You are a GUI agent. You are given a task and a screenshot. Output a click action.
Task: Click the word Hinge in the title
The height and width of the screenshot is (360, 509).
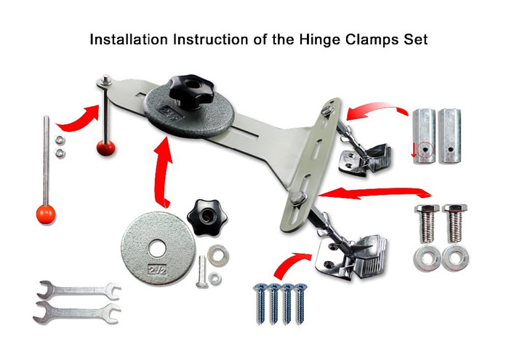(319, 40)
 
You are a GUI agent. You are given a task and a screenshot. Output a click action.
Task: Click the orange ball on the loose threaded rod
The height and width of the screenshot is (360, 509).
(46, 215)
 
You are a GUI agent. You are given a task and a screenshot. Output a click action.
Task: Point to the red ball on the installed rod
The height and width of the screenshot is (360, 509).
(106, 148)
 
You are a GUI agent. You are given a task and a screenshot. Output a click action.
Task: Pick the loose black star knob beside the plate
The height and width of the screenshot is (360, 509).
(207, 217)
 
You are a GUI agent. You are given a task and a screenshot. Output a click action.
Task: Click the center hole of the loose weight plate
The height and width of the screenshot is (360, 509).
(158, 250)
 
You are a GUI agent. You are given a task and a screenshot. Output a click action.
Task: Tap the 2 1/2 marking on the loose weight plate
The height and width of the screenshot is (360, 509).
(158, 270)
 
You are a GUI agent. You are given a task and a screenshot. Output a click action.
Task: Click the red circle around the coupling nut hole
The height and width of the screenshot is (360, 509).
(425, 150)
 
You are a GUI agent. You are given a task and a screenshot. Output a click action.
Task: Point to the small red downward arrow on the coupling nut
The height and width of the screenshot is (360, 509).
(414, 151)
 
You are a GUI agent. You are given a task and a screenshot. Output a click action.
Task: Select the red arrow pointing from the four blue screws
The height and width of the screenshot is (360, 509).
(291, 263)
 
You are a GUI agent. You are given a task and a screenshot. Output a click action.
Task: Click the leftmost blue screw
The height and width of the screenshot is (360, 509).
(260, 303)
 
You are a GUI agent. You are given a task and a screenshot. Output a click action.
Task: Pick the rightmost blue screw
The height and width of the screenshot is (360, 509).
(300, 303)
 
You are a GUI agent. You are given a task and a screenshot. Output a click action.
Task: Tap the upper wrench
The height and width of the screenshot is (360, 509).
(79, 289)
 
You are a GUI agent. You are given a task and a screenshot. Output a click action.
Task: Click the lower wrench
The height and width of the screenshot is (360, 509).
(76, 312)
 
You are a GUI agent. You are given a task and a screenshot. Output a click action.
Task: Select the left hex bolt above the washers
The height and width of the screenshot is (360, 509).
(428, 223)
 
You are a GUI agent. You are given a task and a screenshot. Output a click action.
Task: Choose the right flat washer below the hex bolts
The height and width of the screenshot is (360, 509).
(454, 258)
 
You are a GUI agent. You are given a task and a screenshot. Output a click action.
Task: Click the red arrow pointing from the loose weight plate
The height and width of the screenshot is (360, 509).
(164, 173)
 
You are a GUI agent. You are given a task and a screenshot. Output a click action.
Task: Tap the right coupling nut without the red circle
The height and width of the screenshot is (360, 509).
(449, 136)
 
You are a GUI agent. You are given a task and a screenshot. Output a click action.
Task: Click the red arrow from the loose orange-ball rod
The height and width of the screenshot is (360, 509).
(78, 119)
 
